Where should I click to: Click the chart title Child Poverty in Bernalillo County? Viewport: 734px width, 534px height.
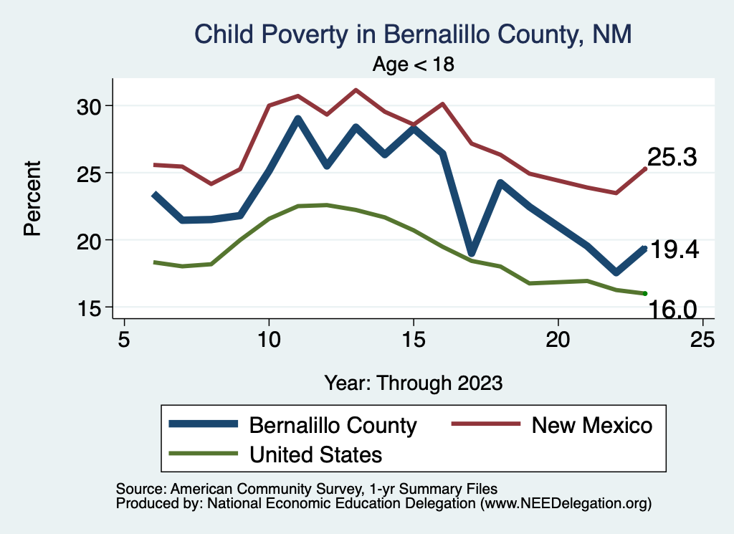[413, 34]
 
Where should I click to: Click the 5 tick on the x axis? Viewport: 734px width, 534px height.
[124, 338]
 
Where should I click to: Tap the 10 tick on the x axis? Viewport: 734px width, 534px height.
[269, 338]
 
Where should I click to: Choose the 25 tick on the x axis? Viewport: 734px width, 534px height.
[702, 338]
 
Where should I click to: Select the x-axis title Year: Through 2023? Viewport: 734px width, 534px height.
[414, 382]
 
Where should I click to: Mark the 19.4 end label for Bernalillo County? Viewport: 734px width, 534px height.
[674, 250]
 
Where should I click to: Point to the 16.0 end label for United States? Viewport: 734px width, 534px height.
[672, 309]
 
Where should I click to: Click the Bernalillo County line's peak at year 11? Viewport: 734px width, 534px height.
[297, 120]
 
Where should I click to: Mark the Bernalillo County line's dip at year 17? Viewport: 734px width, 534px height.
[471, 252]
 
